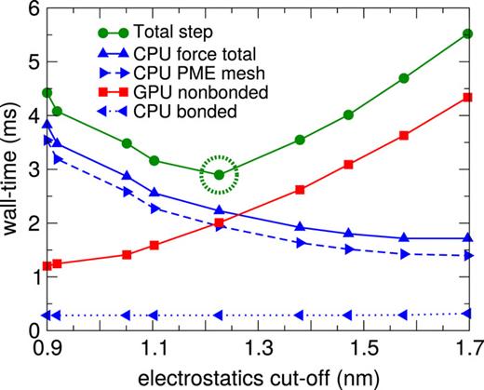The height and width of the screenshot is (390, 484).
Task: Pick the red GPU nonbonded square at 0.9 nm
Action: [x=47, y=266]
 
